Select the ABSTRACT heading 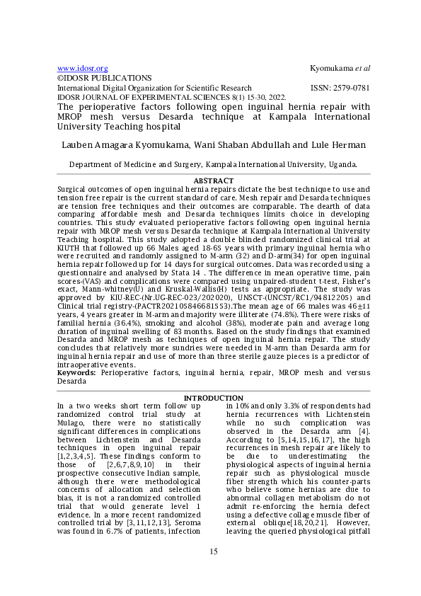tap(213, 181)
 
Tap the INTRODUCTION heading tap(213, 398)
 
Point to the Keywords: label tap(78, 371)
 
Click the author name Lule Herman tap(340, 145)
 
